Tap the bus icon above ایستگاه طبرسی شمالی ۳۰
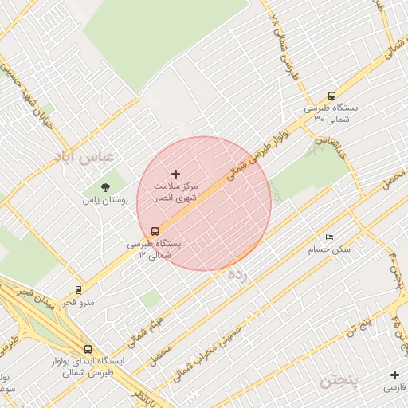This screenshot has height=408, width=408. coord(331,96)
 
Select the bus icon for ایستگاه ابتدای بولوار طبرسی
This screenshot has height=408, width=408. coord(87,349)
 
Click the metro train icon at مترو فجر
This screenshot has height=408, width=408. coord(78,290)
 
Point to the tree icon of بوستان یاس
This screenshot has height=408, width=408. coord(106,187)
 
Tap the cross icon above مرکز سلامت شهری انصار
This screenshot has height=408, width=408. coord(176,173)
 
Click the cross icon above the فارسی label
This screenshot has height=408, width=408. coord(394,375)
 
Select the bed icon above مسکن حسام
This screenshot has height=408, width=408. coord(330,237)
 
